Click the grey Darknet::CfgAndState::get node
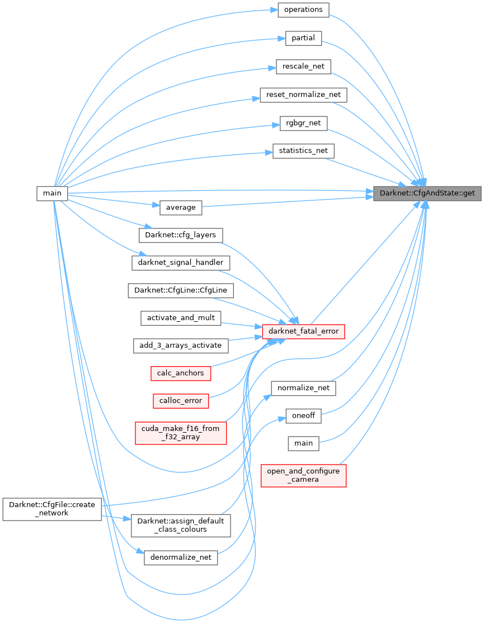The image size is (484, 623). (427, 193)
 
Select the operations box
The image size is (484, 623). (303, 10)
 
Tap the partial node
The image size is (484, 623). (303, 38)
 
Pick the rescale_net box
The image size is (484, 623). (303, 66)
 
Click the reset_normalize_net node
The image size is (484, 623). (303, 95)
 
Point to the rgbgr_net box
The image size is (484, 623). (303, 123)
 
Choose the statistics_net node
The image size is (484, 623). (303, 151)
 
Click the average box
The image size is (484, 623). (181, 208)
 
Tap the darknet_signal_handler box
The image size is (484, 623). (181, 262)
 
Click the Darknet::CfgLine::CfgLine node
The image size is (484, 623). (181, 291)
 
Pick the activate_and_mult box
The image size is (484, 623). (181, 318)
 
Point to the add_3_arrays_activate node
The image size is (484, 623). (181, 345)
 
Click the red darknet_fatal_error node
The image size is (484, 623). (303, 331)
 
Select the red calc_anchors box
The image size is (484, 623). (181, 373)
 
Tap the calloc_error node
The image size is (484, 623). (181, 401)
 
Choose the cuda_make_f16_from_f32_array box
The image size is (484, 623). (181, 433)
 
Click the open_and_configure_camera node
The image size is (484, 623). (303, 475)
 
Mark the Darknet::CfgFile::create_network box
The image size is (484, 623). (51, 509)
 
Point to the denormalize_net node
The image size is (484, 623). (181, 558)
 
